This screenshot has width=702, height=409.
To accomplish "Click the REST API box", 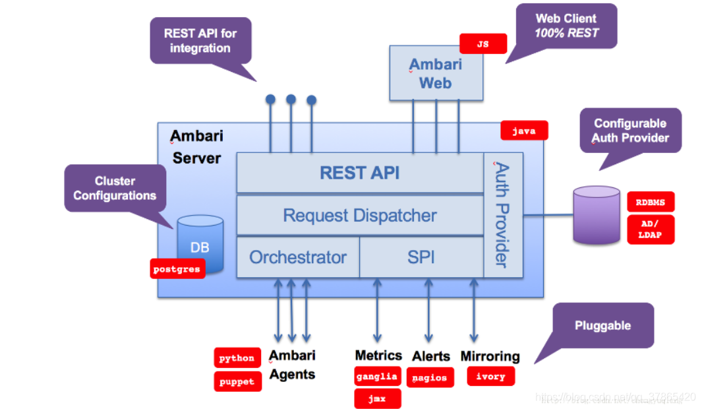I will coord(360,173).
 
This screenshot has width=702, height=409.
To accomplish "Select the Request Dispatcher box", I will coord(360,215).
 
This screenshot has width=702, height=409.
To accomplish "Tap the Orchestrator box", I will coord(298,257).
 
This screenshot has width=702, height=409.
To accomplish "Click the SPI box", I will coord(421,257).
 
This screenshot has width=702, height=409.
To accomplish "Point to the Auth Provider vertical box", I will coord(503,215).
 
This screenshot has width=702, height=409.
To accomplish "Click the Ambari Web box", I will coord(436,73).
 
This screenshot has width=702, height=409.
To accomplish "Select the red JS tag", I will coord(483,44).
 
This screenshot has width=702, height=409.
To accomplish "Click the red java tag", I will coord(523,131).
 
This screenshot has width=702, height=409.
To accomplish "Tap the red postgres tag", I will coord(177,269).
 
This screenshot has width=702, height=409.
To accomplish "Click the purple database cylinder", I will coord(596,215).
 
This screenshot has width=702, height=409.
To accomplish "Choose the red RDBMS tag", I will coord(650,202).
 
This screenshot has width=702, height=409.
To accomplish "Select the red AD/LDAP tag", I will coord(650,230).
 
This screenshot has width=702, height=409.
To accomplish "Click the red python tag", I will coord(237,358).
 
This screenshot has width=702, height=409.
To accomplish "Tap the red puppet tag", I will coord(237,382).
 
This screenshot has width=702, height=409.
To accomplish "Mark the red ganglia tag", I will coord(377,376).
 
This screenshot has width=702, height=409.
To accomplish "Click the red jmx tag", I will coord(377,398).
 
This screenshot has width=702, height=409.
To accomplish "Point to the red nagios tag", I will coord(430,378).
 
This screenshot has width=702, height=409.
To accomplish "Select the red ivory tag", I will coord(490,376).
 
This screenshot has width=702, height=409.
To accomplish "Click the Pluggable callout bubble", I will coord(602,325).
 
